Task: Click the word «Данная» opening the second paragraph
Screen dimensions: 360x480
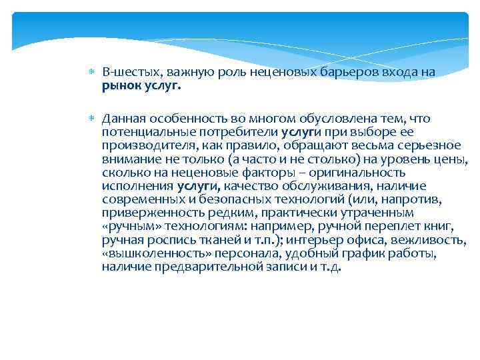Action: (123, 119)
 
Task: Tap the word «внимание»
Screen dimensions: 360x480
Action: (129, 160)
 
